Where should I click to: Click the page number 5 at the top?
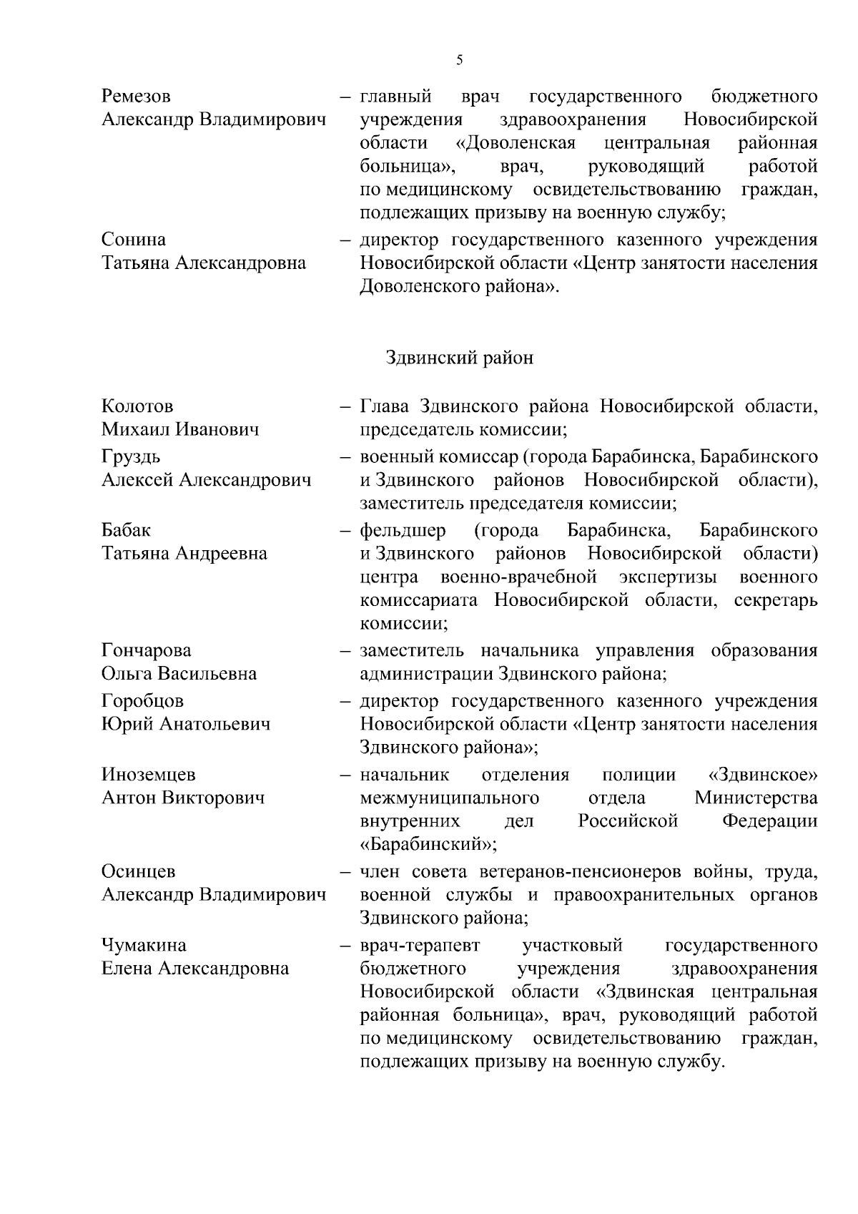click(459, 61)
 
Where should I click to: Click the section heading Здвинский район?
click(459, 358)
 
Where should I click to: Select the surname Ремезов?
click(136, 97)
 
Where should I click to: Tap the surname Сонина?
click(134, 240)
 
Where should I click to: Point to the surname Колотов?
click(137, 406)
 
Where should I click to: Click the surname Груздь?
click(131, 456)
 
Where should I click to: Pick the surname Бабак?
click(127, 530)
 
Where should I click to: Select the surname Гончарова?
click(147, 650)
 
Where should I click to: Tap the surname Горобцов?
click(142, 700)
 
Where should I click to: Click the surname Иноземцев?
click(149, 774)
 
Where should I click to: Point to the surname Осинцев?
click(138, 871)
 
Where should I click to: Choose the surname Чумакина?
click(144, 945)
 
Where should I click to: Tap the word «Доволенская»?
click(516, 143)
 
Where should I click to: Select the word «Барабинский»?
click(428, 844)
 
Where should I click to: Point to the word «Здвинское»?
click(762, 775)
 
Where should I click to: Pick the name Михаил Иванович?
click(180, 430)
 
